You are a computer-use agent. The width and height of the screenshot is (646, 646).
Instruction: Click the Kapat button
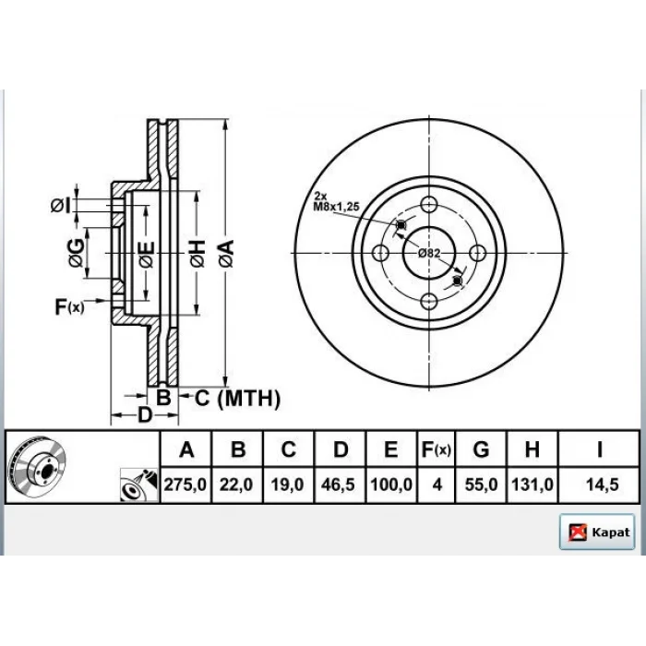pyautogui.click(x=596, y=532)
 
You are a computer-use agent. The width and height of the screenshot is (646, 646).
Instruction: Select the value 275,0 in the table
pyautogui.click(x=185, y=484)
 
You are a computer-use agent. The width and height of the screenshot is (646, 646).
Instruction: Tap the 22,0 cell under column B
pyautogui.click(x=236, y=484)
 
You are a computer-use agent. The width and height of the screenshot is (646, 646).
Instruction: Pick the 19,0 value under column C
pyautogui.click(x=287, y=484)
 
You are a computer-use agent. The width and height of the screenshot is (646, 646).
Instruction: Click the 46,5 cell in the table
pyautogui.click(x=338, y=484)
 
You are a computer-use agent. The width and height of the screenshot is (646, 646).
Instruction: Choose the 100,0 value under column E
pyautogui.click(x=391, y=484)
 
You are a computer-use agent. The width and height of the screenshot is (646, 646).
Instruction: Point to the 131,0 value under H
pyautogui.click(x=532, y=484)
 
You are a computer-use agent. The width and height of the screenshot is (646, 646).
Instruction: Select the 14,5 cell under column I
pyautogui.click(x=602, y=484)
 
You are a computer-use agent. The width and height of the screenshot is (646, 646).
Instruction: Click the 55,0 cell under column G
pyautogui.click(x=481, y=484)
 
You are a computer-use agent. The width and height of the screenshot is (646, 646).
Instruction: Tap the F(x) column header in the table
pyautogui.click(x=436, y=449)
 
